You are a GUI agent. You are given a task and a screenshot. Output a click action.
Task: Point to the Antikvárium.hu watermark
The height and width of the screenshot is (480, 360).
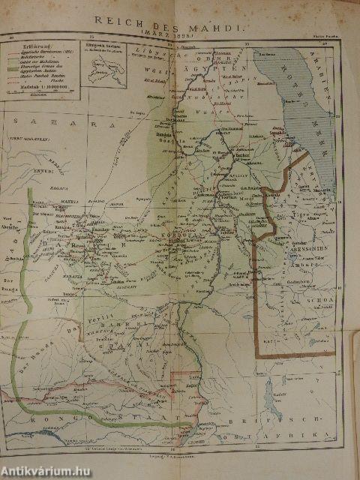(49, 469)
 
